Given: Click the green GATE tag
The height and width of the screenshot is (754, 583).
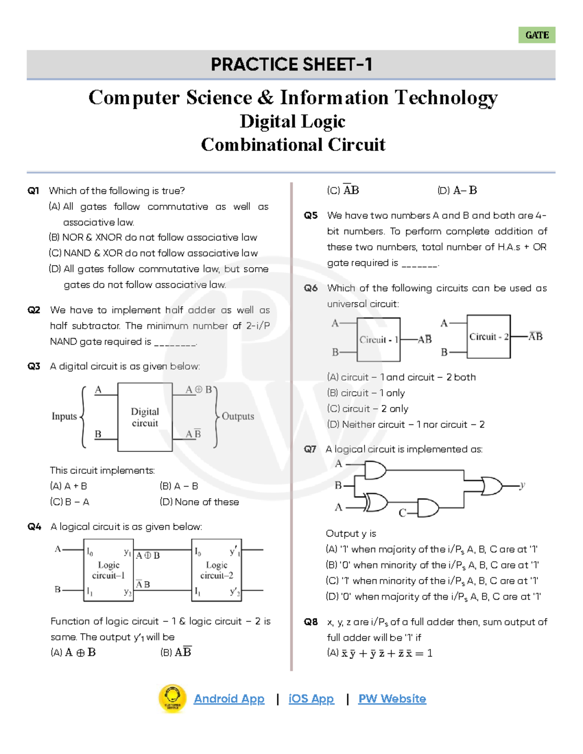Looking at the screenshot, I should coord(537,35).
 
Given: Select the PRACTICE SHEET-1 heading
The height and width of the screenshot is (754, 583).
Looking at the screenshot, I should coord(291,65).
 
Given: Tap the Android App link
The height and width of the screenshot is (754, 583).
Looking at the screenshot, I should coord(229,699).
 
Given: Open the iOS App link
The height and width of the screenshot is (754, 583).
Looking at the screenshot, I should coord(311,699).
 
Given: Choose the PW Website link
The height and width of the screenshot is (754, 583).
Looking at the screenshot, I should coord(392,699).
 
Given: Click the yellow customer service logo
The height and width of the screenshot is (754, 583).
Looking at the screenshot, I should coord(172,699).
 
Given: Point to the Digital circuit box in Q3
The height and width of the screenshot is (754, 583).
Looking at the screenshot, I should coord(145,417).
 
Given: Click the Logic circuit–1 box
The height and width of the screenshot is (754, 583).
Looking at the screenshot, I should coord(108,570).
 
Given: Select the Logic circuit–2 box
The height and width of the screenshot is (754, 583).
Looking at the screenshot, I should coord(217,570).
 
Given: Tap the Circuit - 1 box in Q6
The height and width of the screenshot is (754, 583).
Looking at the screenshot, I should coord(378,339).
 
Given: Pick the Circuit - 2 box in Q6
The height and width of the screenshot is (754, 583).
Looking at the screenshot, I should coord(488,336).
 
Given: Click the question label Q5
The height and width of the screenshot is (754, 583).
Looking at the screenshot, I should coord(311,216).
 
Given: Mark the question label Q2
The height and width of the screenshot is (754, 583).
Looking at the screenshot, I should coord(34,310).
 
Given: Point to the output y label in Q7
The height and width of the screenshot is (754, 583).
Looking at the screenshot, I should coord(522,485).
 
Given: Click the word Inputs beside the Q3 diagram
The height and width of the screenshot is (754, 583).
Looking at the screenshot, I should coord(64,416).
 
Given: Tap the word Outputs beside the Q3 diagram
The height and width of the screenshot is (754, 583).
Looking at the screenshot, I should coord(238,416).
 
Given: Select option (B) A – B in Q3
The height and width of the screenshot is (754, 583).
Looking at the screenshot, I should coord(179,486).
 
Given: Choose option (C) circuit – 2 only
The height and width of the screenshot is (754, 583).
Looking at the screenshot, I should coord(368,409).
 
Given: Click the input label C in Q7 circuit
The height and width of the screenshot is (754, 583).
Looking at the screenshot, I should coord(402,513).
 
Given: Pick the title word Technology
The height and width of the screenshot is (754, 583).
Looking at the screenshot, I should coord(446,98).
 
